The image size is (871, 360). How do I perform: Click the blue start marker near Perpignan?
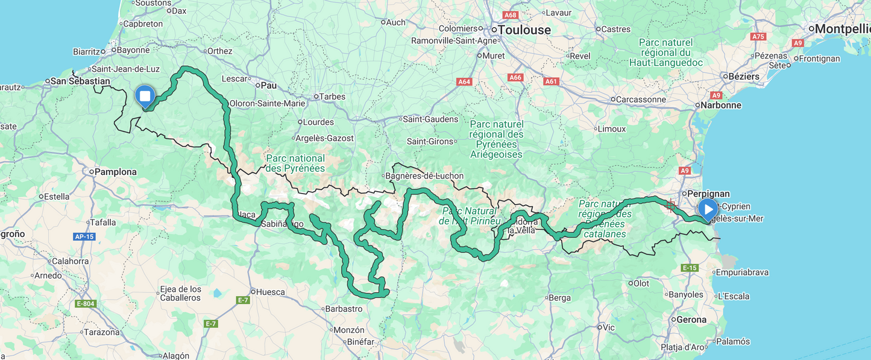(707, 209)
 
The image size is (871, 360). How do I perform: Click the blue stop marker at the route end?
(145, 96)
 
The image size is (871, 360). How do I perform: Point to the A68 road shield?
(510, 15)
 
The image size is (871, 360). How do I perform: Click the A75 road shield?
(758, 37)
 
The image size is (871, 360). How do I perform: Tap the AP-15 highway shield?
(84, 236)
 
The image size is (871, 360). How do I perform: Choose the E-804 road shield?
(86, 303)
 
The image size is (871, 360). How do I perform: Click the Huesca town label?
(270, 292)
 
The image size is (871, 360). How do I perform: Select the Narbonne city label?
(720, 105)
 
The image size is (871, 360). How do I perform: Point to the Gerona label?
(691, 320)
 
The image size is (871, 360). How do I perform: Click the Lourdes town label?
(318, 122)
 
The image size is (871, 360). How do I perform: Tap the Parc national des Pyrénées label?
(295, 163)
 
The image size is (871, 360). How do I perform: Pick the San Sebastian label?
(80, 81)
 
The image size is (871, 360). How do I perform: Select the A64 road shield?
(464, 81)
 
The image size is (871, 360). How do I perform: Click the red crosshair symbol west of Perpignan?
(670, 205)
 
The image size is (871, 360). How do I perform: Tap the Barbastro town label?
(343, 309)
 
